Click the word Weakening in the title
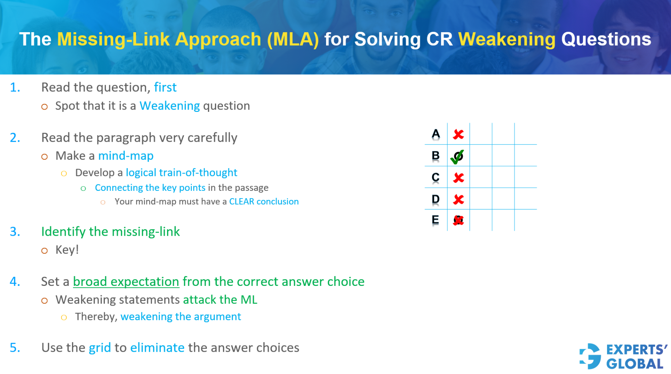pyautogui.click(x=507, y=39)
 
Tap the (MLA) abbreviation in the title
pyautogui.click(x=293, y=39)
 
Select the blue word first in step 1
pyautogui.click(x=165, y=87)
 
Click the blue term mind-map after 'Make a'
pyautogui.click(x=126, y=156)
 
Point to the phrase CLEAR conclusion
pyautogui.click(x=264, y=201)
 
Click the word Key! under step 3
pyautogui.click(x=67, y=250)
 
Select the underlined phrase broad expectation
pyautogui.click(x=126, y=282)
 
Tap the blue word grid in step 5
pyautogui.click(x=100, y=347)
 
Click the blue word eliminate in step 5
pyautogui.click(x=157, y=347)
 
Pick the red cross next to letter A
pyautogui.click(x=458, y=134)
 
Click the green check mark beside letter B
pyautogui.click(x=457, y=156)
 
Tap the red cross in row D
pyautogui.click(x=458, y=199)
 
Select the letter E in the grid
pyautogui.click(x=435, y=220)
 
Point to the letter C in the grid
pyautogui.click(x=435, y=177)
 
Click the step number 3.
pyautogui.click(x=15, y=231)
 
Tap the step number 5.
pyautogui.click(x=15, y=347)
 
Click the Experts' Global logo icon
pyautogui.click(x=590, y=356)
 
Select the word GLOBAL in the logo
pyautogui.click(x=635, y=364)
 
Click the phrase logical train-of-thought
pyautogui.click(x=181, y=173)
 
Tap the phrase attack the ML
pyautogui.click(x=220, y=299)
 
